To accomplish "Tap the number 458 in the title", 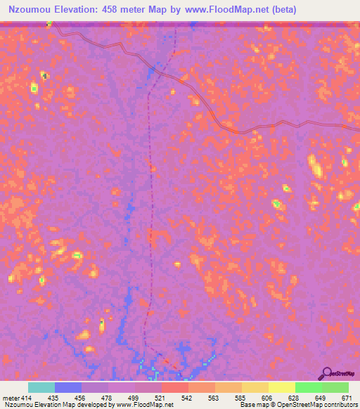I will point(118,10).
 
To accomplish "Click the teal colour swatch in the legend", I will point(41,387).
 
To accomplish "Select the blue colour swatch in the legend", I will point(68,387).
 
